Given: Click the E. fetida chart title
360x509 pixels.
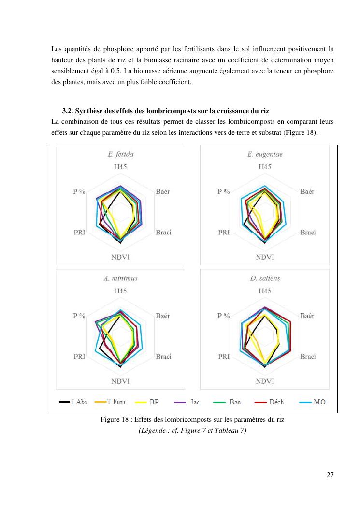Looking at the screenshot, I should [120, 155].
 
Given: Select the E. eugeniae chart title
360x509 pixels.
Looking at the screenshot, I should [264, 155].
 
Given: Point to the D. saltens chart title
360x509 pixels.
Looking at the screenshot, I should [264, 278].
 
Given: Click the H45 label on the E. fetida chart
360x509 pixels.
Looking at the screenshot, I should [120, 167].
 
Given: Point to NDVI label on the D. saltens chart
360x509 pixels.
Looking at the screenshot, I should [264, 381].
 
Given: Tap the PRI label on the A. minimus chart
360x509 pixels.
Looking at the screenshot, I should [80, 357].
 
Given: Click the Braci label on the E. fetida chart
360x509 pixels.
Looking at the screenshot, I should [163, 233].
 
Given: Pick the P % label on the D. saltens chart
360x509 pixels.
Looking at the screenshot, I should [223, 316].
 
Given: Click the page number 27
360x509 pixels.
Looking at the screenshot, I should [330, 475].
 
